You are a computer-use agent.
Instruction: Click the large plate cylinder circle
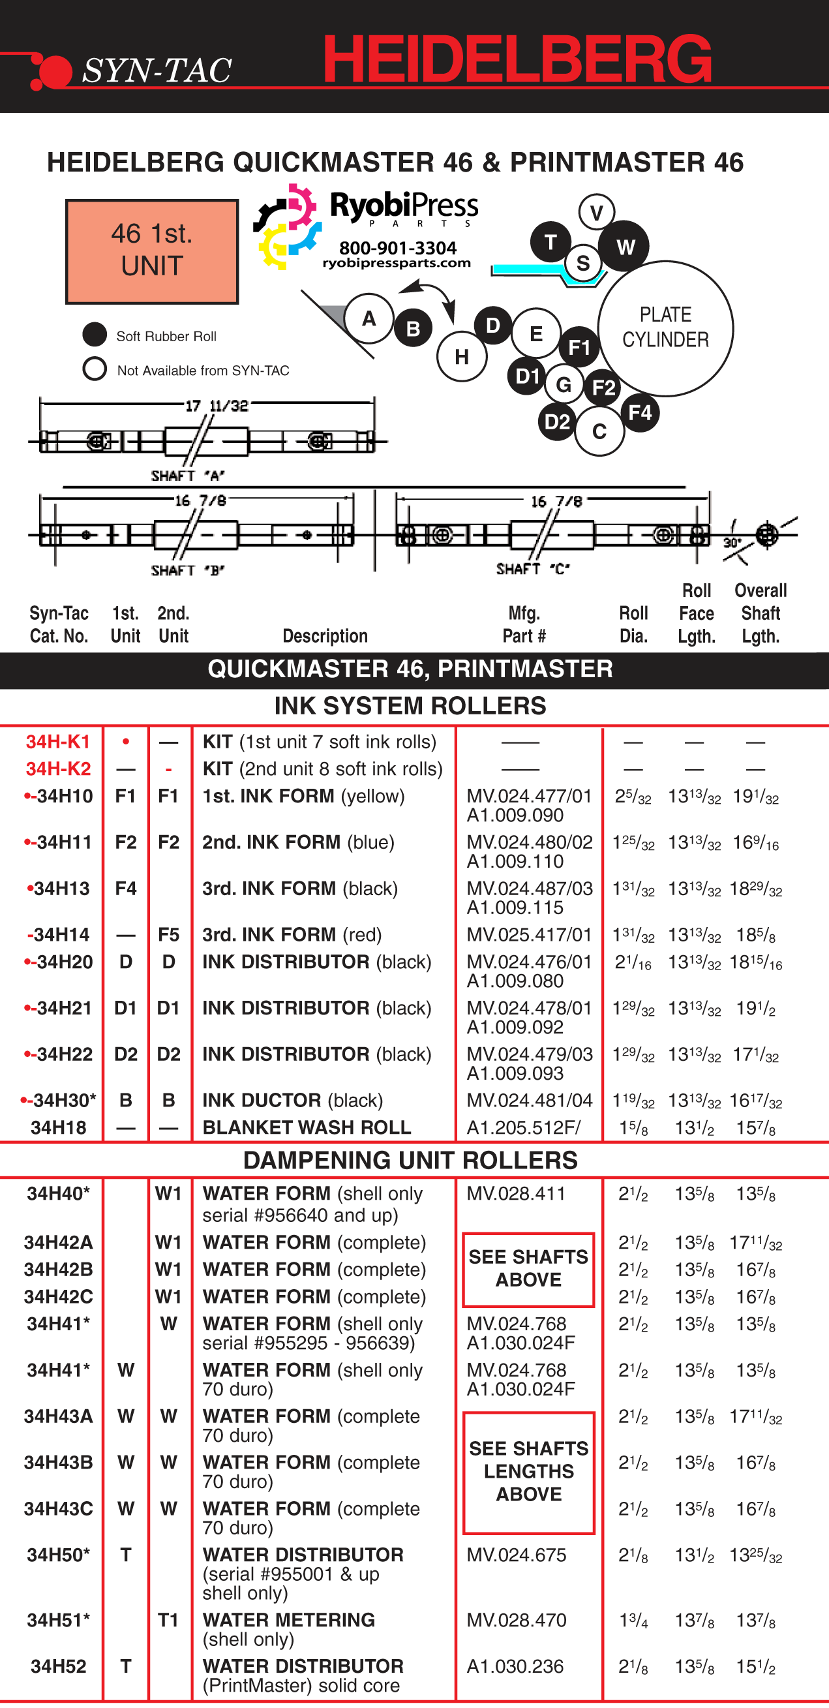tap(665, 328)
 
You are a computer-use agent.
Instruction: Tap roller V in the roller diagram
tap(596, 212)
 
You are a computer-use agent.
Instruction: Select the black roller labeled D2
tap(557, 421)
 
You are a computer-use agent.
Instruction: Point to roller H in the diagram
tap(462, 357)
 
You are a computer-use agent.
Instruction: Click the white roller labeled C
tap(599, 431)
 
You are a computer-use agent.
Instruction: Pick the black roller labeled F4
tap(639, 412)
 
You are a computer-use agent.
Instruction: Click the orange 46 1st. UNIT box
tap(152, 251)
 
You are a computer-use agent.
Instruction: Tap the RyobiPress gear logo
tap(287, 227)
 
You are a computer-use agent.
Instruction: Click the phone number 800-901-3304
tap(398, 248)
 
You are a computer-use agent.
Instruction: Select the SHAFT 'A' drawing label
tap(188, 476)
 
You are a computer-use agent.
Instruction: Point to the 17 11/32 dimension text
tap(216, 406)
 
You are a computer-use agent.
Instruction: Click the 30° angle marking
tap(732, 542)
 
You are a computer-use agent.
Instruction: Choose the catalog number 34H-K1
tap(57, 741)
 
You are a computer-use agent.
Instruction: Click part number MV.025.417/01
tap(529, 934)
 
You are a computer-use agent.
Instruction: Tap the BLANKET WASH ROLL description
tap(307, 1127)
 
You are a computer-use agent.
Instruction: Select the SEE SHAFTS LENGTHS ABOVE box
tap(528, 1471)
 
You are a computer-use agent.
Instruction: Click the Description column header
tap(325, 635)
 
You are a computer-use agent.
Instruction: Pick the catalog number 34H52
tap(58, 1666)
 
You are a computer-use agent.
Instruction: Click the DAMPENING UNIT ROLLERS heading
tap(410, 1160)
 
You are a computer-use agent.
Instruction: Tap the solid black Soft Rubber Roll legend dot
tap(95, 334)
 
